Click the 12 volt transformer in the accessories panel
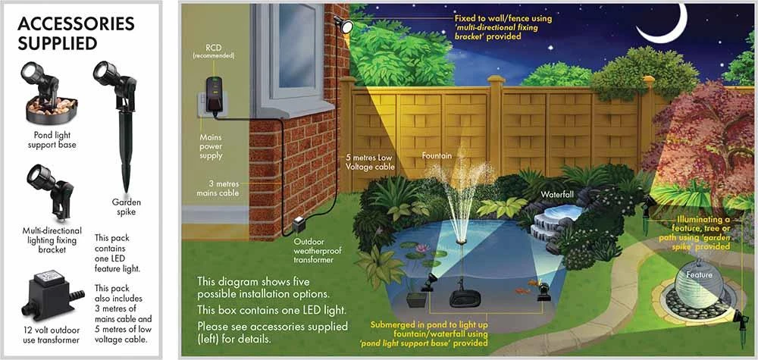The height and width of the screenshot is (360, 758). [x=50, y=290]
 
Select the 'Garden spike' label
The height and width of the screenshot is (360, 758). [x=127, y=207]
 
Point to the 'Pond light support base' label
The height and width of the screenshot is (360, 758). [x=51, y=139]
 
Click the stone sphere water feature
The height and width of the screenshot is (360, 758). [x=698, y=283]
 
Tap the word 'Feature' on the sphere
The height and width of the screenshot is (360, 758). [x=698, y=274]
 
